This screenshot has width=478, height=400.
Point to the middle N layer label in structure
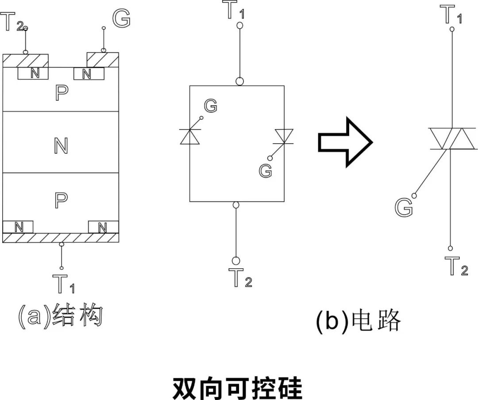pyautogui.click(x=61, y=145)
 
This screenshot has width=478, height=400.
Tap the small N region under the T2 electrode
pyautogui.click(x=33, y=73)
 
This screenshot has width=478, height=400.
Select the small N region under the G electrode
pyautogui.click(x=89, y=74)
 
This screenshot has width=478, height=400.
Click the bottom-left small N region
pyautogui.click(x=18, y=227)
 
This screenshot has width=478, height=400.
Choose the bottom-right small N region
pyautogui.click(x=103, y=227)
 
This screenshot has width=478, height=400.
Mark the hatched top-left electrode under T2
pyautogui.click(x=25, y=61)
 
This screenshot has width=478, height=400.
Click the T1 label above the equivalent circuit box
pyautogui.click(x=235, y=11)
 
